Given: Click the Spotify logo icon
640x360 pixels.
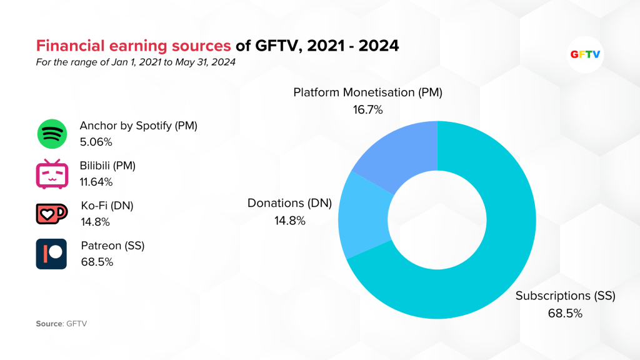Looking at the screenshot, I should point(51,133).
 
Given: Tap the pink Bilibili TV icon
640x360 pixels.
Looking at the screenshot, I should point(51,174).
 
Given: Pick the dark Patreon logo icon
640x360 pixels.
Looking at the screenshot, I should point(51,254).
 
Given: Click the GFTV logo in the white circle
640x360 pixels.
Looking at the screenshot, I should point(586,54).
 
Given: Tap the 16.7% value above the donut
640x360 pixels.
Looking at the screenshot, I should point(367,109).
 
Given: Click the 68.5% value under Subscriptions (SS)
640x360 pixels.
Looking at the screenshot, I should point(565,313).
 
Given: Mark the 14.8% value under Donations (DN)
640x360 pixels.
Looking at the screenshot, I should point(289,220).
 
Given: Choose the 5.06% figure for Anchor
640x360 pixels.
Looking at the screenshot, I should point(96,142).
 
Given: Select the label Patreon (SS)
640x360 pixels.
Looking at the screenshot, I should point(112,246).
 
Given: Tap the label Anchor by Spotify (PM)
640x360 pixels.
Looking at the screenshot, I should point(138,126).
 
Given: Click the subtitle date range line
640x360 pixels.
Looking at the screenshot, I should point(136,62).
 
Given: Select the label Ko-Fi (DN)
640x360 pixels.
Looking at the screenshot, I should point(107,206).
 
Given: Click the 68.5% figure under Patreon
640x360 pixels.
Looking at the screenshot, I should point(97,262).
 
